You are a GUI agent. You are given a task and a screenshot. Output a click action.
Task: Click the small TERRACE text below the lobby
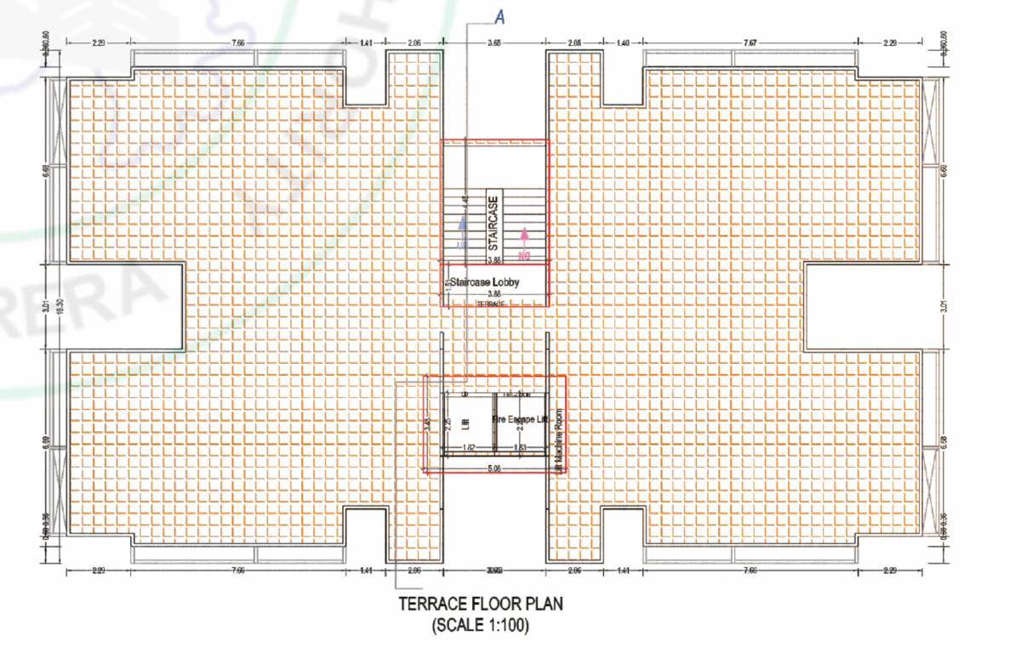click(x=490, y=304)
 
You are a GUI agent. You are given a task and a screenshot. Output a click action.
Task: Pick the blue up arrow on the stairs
click(x=462, y=224)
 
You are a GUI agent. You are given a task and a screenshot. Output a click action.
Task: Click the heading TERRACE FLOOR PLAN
click(x=480, y=605)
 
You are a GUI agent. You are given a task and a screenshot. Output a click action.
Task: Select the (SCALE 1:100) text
click(x=480, y=627)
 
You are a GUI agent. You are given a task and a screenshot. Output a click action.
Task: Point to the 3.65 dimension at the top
click(x=494, y=42)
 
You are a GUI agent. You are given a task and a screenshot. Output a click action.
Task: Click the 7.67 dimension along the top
click(x=750, y=42)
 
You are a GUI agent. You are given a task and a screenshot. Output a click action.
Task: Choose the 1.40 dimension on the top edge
click(x=622, y=42)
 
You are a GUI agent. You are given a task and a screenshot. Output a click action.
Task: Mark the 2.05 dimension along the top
click(x=574, y=42)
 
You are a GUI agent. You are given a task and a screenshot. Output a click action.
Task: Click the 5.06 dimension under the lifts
click(x=494, y=467)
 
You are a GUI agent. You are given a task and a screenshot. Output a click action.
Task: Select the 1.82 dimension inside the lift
click(x=468, y=447)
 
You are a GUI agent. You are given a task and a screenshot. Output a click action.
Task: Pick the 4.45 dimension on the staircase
click(x=465, y=200)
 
